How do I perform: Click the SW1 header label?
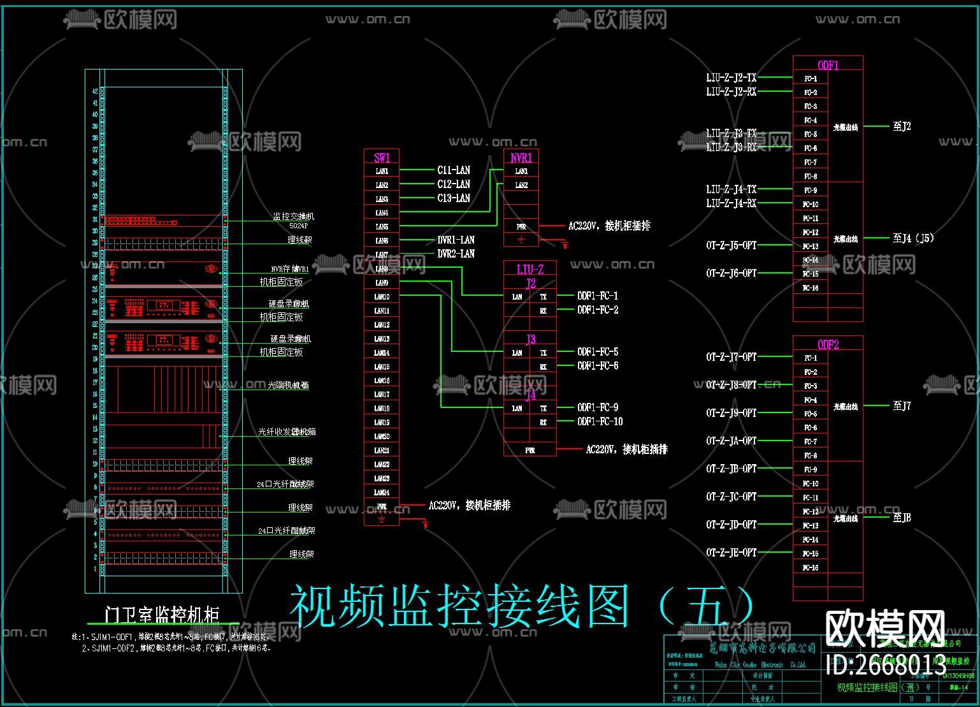(382, 157)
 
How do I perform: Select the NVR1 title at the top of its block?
(521, 157)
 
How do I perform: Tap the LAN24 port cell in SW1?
(382, 492)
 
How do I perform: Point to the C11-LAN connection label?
(454, 170)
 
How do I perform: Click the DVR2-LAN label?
(456, 254)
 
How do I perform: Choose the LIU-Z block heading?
(530, 270)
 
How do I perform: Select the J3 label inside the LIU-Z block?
(530, 339)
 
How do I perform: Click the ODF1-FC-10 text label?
(600, 421)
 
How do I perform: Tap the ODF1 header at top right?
(828, 65)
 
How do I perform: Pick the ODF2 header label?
(828, 345)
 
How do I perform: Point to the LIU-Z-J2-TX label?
(731, 78)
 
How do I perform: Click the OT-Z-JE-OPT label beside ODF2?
(731, 553)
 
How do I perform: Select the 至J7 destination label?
(902, 405)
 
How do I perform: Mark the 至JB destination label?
(902, 518)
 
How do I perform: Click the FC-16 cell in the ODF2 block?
(810, 567)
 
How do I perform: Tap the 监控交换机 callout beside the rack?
(293, 217)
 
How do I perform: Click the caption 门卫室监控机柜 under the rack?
(162, 615)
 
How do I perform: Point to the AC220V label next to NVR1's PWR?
(609, 226)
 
